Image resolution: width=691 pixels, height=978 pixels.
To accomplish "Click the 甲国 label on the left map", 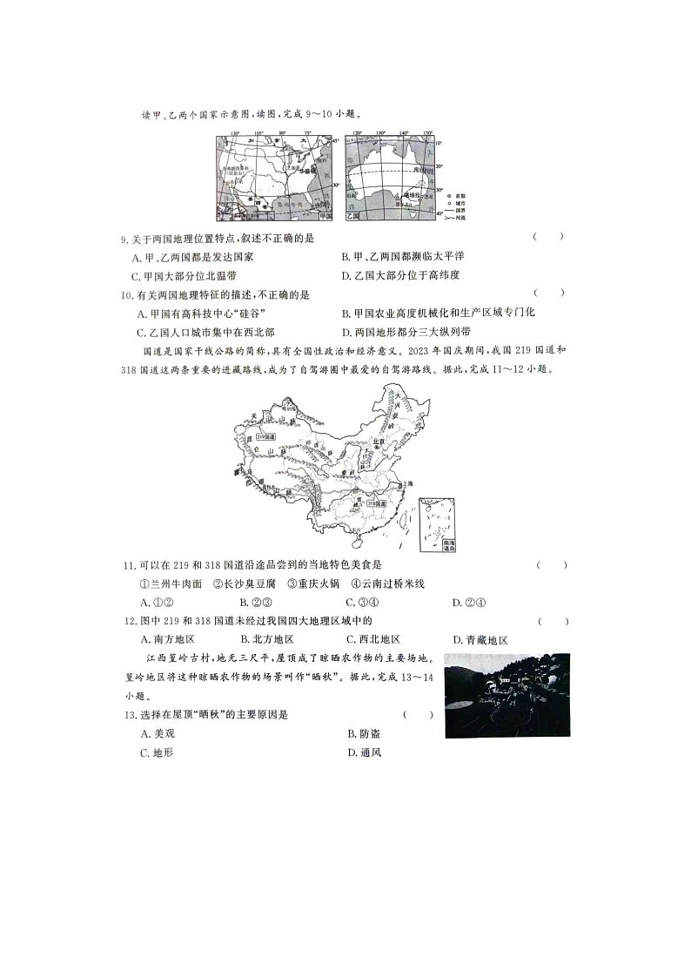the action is pos(325,215).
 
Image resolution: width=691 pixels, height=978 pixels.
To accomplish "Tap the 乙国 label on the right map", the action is pos(353,215).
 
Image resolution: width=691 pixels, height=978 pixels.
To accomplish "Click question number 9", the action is pos(125,238).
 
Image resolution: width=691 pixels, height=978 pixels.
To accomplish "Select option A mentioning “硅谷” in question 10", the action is pos(201,313).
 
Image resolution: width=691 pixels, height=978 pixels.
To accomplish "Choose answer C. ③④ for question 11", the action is pos(362,602).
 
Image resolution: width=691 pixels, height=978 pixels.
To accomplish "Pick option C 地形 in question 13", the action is pos(157,752).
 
